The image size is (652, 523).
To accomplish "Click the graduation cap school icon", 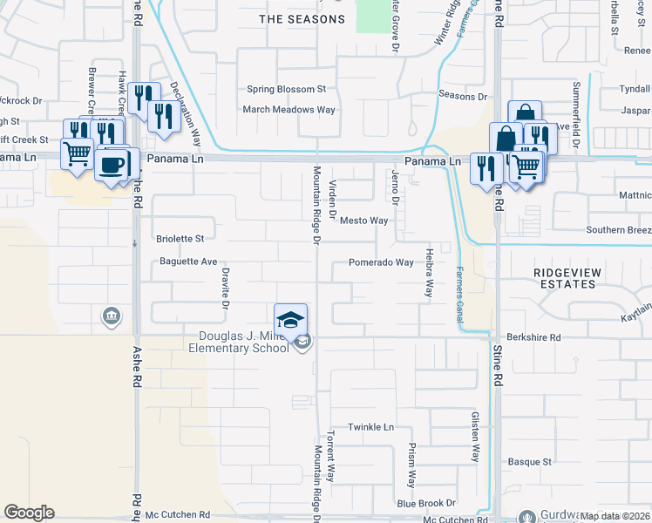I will [x=291, y=318].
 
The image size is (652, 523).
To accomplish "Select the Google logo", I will [x=29, y=513].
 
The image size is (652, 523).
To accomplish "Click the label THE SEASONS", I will [x=302, y=19].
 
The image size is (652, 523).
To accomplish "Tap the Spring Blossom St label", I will [x=286, y=89].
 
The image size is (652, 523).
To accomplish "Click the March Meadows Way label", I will [x=289, y=110].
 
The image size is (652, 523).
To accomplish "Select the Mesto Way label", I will [x=363, y=221].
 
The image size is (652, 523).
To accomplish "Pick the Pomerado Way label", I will [x=381, y=262].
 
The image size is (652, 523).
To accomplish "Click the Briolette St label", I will [x=180, y=238].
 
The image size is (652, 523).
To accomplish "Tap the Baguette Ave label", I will [x=188, y=261].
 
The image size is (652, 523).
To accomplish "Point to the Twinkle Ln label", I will [x=371, y=427].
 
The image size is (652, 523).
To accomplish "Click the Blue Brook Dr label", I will [x=426, y=503].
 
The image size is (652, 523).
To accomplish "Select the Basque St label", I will [x=530, y=461].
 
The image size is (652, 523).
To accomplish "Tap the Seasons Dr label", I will [x=463, y=96].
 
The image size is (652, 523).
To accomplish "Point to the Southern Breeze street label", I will [x=618, y=230].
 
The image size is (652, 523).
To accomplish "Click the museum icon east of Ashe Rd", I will [x=111, y=315].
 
